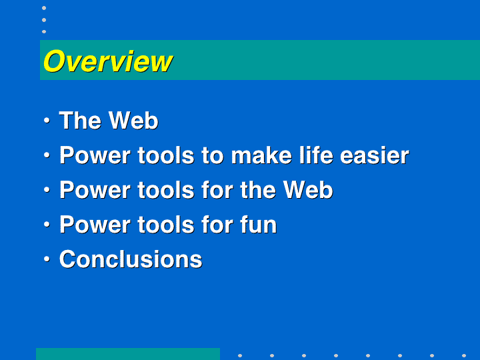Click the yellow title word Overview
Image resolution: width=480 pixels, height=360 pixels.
point(108,61)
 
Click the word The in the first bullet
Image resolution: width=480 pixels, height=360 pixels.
point(80,120)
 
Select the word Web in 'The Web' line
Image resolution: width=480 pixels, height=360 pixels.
point(133,120)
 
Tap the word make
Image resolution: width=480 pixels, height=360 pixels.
point(261,155)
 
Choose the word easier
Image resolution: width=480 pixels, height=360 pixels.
point(375,155)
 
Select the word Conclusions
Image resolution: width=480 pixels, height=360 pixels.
point(131,259)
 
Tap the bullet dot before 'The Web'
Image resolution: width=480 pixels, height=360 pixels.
point(47,120)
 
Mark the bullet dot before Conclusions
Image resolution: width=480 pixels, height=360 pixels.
point(47,259)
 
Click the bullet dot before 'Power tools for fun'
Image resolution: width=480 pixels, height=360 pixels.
point(47,225)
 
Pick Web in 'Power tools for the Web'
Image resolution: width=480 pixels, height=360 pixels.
point(308,190)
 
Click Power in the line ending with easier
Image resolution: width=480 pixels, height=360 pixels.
point(95,155)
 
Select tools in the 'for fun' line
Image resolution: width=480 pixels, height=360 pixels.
point(166,225)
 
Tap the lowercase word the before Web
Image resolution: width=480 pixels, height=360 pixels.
point(258,190)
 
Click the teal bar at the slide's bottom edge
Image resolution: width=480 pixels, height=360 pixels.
point(128,354)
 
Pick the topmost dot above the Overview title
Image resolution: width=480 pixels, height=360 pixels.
point(44,8)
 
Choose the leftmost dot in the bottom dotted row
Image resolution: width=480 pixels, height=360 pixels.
point(240,356)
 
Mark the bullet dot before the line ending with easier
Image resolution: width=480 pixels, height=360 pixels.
point(47,155)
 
